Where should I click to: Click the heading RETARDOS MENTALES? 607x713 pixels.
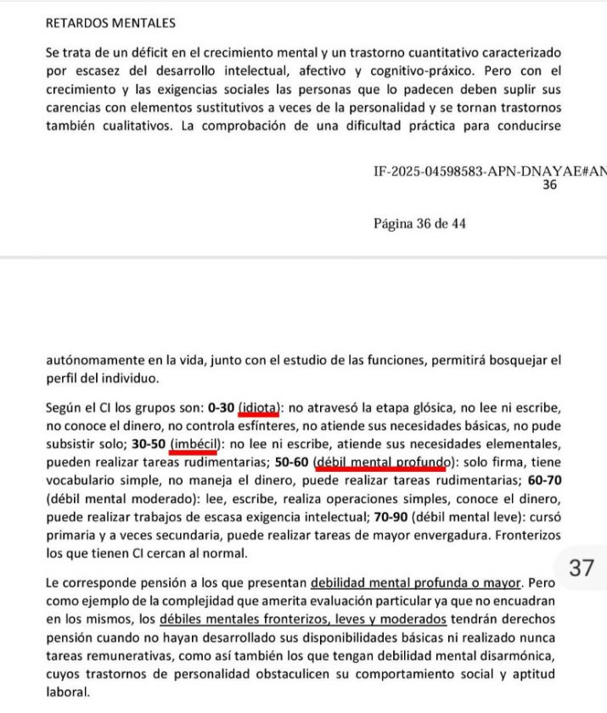110,23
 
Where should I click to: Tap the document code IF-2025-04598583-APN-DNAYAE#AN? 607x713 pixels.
490,171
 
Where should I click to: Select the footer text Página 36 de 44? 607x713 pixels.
419,224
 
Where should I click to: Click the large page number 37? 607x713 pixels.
581,568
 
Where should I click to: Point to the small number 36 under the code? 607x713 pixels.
549,184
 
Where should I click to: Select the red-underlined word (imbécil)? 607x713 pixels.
196,444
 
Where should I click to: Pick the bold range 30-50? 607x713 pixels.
149,444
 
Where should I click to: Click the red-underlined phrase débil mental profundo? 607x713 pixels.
382,462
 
